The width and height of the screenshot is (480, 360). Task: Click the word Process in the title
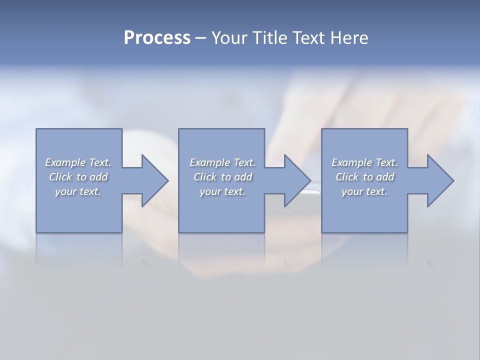(x=157, y=38)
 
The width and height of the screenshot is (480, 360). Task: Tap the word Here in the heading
(x=349, y=38)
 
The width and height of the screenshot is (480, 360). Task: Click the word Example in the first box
(x=65, y=162)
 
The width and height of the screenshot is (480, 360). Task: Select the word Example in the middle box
(x=210, y=162)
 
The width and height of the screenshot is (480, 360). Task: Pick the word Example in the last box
(x=352, y=162)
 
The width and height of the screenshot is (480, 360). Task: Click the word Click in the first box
(x=60, y=177)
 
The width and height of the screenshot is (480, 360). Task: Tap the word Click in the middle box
(x=204, y=177)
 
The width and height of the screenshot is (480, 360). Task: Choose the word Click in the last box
(x=346, y=177)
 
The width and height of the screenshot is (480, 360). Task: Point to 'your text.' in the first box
(x=78, y=191)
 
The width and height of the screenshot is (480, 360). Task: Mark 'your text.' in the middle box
(x=222, y=191)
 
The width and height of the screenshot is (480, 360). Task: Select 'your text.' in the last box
(x=364, y=191)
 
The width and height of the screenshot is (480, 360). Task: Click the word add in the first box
(x=99, y=177)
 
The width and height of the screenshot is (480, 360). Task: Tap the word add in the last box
(x=385, y=177)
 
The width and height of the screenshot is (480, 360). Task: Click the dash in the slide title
(x=200, y=38)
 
